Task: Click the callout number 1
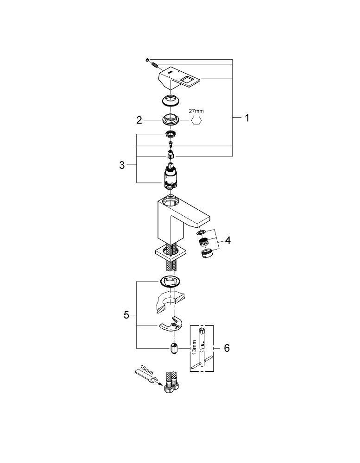[247, 118]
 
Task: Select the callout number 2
[139, 120]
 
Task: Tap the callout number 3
[122, 165]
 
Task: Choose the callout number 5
[126, 315]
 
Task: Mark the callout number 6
[227, 348]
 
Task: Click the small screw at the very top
[147, 60]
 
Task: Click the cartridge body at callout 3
[170, 176]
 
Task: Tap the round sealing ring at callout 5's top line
[170, 282]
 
